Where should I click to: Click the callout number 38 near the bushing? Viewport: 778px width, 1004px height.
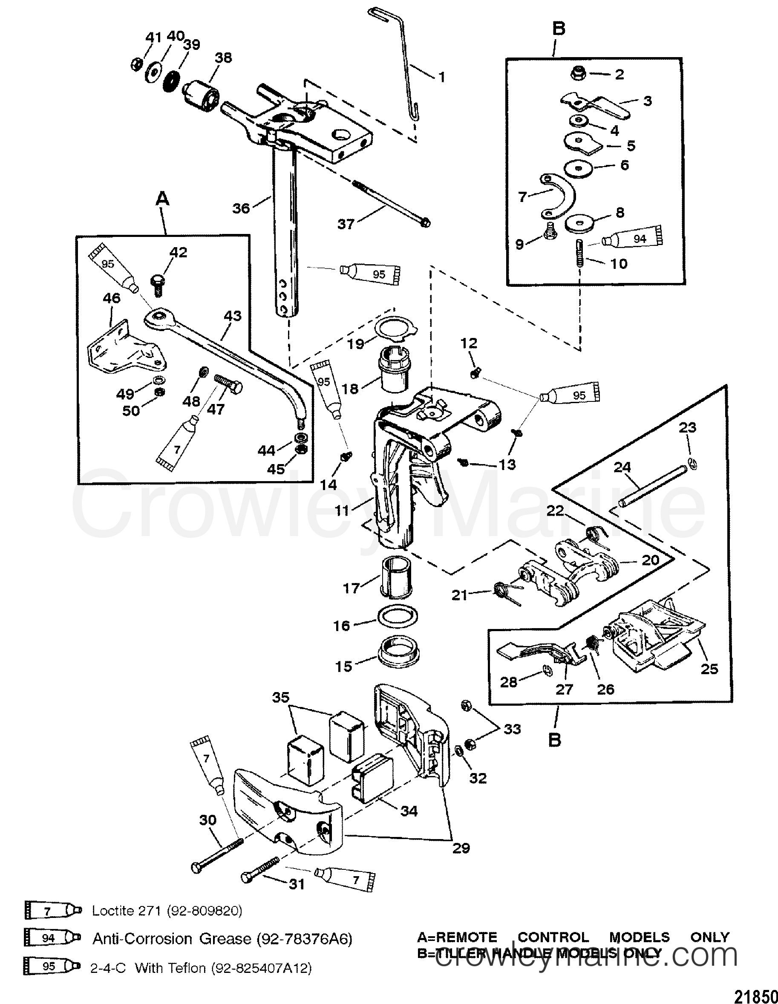click(223, 58)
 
